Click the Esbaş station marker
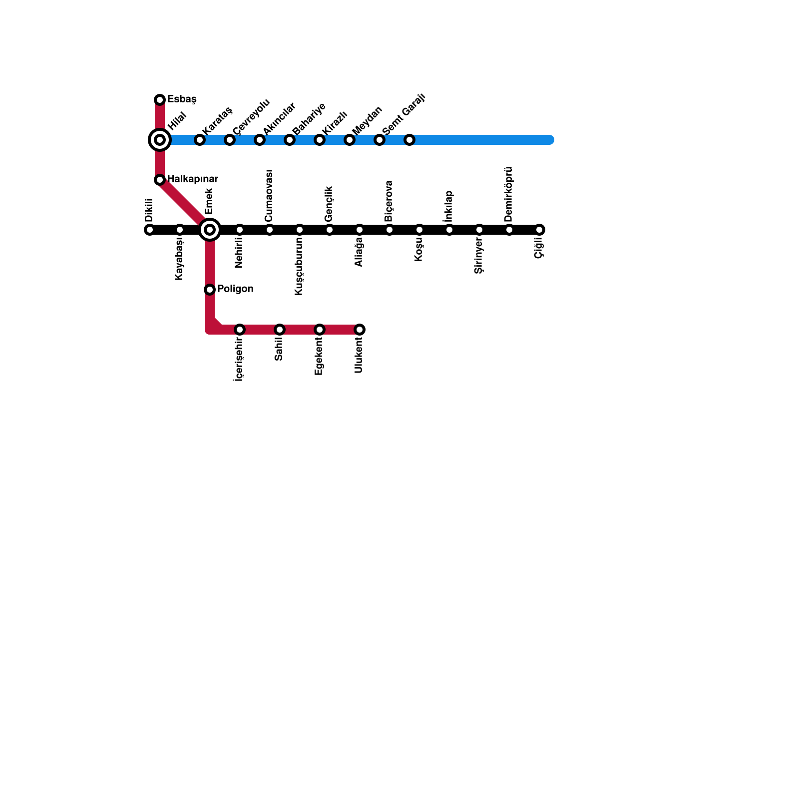(160, 100)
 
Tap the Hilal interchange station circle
(160, 140)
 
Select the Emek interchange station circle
(210, 230)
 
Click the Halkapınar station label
(192, 179)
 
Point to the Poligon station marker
(210, 290)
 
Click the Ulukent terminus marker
(360, 330)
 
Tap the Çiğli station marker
(539, 230)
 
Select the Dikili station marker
(149, 230)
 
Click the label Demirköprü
(509, 194)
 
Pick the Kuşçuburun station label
(299, 266)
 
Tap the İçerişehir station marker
(240, 330)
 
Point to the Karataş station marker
(200, 140)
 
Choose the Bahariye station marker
(290, 140)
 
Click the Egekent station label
(319, 357)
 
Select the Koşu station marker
(419, 230)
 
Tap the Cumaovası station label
(269, 196)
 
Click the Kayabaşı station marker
(180, 230)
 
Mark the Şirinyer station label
(479, 256)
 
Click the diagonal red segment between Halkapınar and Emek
(182, 202)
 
